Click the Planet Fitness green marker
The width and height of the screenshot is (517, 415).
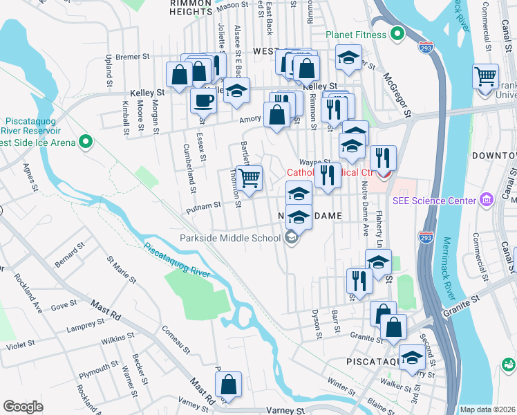click(397, 33)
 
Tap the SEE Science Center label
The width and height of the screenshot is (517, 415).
click(433, 201)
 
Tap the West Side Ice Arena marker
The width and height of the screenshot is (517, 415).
click(86, 142)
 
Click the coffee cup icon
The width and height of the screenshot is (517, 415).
click(203, 101)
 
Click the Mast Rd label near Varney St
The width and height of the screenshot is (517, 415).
click(204, 390)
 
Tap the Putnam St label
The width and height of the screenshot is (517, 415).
click(206, 205)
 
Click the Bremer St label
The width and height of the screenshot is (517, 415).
click(133, 57)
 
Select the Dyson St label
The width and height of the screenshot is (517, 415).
click(319, 324)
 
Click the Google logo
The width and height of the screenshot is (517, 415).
click(23, 406)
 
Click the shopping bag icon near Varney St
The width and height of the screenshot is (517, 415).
click(228, 386)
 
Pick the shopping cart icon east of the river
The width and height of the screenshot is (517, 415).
click(485, 75)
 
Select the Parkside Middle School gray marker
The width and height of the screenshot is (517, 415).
click(292, 238)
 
